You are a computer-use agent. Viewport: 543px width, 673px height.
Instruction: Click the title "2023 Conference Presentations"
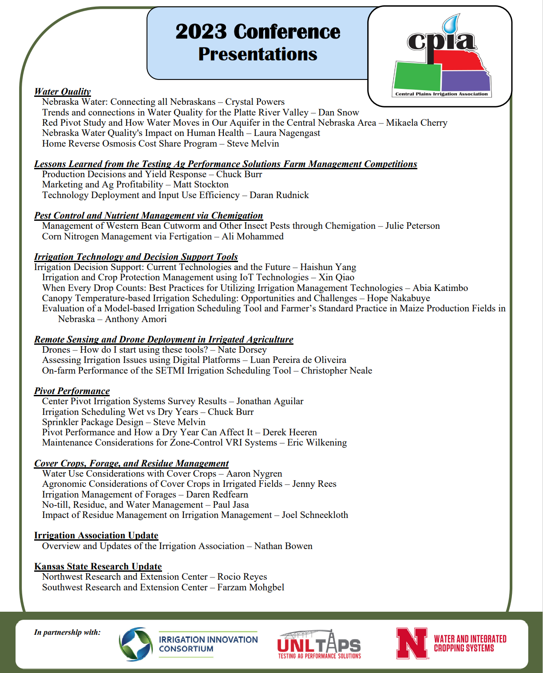pos(258,43)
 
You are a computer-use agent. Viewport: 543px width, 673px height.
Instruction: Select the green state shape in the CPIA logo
pos(417,76)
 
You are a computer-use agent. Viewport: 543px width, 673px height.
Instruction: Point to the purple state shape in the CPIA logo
pos(465,81)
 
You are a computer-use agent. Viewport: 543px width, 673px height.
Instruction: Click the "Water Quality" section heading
pos(63,92)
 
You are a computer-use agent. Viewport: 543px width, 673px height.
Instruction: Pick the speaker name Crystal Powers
pos(255,102)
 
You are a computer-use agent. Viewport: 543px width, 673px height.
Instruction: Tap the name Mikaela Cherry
pos(416,123)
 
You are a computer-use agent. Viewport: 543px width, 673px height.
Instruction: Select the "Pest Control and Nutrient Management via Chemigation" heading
pos(149,215)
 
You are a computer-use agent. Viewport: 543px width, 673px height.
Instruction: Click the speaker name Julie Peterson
pos(412,226)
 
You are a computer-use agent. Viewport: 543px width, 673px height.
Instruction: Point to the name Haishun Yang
pos(328,267)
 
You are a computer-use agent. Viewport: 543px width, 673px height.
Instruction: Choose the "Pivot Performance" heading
pos(72,391)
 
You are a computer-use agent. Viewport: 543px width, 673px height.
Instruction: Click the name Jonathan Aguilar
pos(270,402)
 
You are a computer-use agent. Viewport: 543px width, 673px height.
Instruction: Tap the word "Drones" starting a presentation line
pos(56,350)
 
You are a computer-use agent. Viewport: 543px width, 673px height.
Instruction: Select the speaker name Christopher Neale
pos(337,371)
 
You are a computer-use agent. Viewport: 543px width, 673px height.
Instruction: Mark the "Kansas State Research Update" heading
pos(98,566)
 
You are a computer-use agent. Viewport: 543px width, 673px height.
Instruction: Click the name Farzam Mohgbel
pos(251,588)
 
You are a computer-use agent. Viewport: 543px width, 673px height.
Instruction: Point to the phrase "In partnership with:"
pos(67,632)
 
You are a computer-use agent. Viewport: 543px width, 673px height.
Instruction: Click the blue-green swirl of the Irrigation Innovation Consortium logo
pos(136,644)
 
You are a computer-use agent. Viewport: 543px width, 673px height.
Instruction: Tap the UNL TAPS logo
pos(319,644)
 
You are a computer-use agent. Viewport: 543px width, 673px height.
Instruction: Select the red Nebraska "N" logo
pos(412,643)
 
